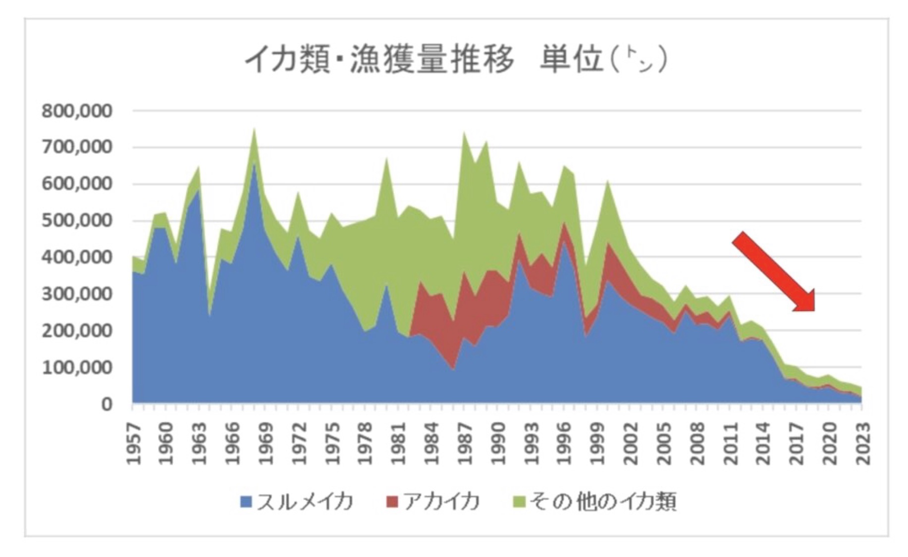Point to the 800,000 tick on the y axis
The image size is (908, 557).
77,111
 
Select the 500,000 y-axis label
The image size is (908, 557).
77,221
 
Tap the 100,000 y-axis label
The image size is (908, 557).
77,367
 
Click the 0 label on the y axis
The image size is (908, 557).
107,405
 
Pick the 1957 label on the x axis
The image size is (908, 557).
134,443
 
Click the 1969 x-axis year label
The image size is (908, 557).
266,443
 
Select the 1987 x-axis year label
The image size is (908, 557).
465,443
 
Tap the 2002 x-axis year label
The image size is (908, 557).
631,443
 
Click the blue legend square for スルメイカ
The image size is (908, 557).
246,502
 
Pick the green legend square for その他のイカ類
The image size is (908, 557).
519,502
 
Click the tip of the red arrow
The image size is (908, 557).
813,310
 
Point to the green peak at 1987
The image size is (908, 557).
464,132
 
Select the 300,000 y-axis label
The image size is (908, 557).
77,294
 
